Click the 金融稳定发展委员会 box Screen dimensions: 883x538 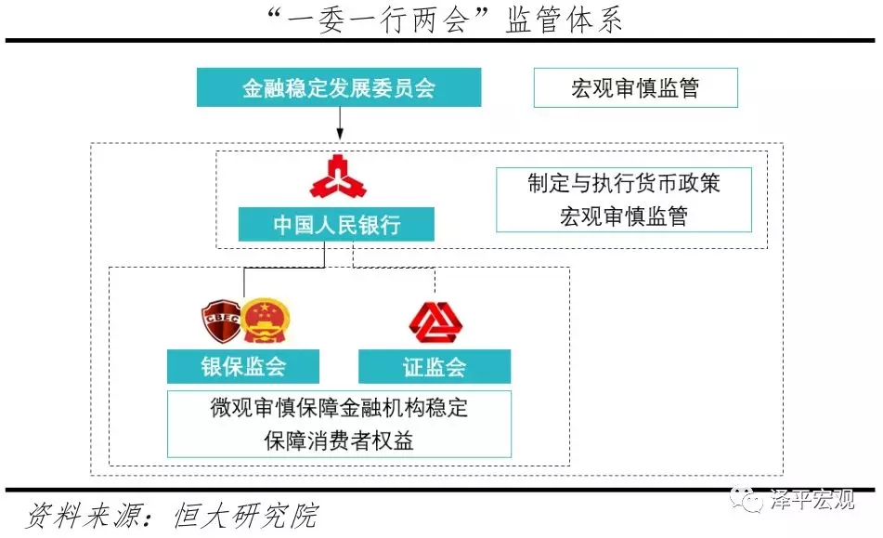tap(339, 87)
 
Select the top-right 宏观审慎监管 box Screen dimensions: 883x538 tap(636, 88)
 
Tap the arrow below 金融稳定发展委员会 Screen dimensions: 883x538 tap(340, 124)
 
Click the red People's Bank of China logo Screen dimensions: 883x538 tap(338, 177)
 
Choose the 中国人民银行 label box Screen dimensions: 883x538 tap(336, 224)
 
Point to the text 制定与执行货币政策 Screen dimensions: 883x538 tap(624, 184)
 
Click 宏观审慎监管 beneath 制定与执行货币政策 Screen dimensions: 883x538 tap(624, 217)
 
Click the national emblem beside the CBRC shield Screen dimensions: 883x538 tap(266, 321)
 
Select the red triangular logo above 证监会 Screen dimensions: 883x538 tap(435, 322)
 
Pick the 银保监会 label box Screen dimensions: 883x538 tap(243, 366)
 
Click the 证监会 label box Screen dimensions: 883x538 tap(435, 366)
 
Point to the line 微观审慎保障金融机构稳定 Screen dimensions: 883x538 tap(339, 407)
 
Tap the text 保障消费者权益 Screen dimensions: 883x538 tap(339, 440)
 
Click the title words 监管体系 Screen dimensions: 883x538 tap(564, 20)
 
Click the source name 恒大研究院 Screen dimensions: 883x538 tap(246, 516)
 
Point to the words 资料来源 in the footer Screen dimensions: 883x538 tap(82, 516)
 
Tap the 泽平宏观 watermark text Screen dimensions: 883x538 tap(812, 499)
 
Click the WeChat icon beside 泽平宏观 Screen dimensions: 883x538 tap(747, 499)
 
